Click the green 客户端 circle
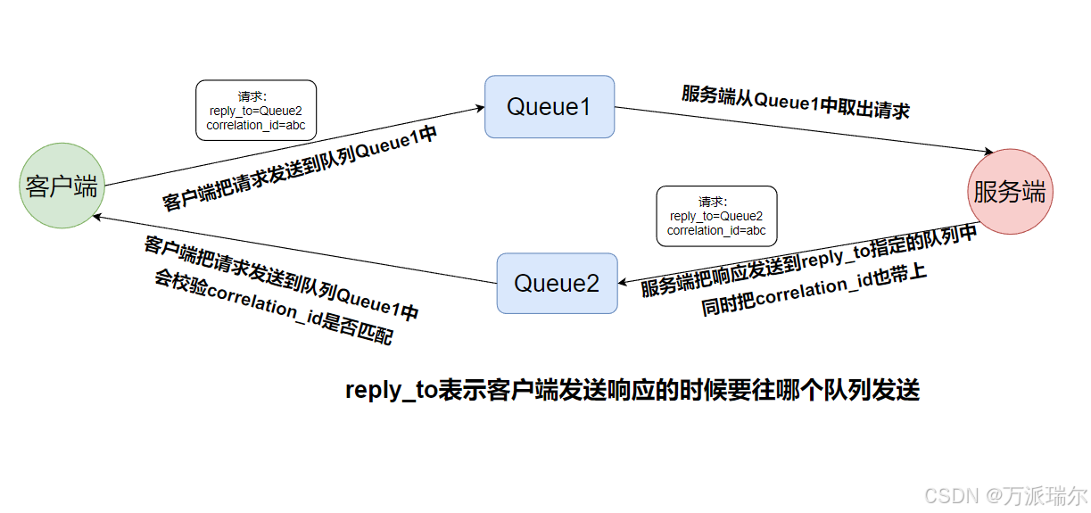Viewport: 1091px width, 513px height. [62, 186]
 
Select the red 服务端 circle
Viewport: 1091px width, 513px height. [1009, 191]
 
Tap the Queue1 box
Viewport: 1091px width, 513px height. [550, 107]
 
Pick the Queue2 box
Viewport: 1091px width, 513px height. [557, 284]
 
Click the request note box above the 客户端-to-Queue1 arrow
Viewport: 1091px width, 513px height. [256, 111]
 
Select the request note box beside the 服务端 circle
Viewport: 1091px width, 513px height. [716, 216]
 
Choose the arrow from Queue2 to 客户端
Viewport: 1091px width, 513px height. [294, 250]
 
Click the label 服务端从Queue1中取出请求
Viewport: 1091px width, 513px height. [796, 102]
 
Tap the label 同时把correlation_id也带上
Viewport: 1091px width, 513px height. [814, 288]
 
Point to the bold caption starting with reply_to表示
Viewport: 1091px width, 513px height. [632, 391]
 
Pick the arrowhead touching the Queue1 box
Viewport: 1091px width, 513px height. [479, 108]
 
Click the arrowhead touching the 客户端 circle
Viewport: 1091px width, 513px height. [99, 217]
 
